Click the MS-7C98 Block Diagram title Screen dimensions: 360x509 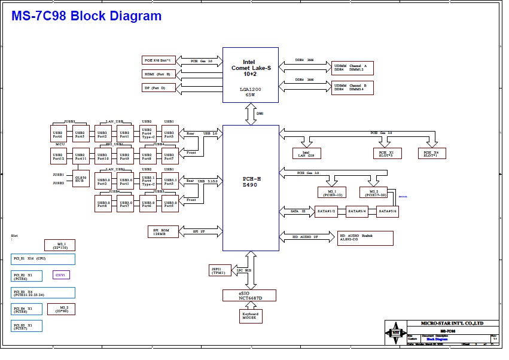(x=87, y=17)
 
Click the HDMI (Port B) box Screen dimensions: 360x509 (x=157, y=74)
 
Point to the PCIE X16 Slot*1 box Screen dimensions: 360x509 (x=157, y=60)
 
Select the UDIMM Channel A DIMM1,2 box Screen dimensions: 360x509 (x=352, y=68)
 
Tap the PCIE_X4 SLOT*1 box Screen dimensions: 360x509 (x=431, y=153)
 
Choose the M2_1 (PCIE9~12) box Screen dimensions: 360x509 (x=332, y=192)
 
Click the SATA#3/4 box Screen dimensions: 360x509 (x=357, y=212)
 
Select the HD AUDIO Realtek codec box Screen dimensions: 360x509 (x=365, y=238)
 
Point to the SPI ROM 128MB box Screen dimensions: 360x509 (x=163, y=231)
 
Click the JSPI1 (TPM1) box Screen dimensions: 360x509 (x=220, y=270)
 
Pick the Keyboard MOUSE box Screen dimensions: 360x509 (x=251, y=316)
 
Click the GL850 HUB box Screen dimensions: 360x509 (x=81, y=178)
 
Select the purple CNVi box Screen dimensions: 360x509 (x=61, y=275)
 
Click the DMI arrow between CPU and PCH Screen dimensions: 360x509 (x=251, y=114)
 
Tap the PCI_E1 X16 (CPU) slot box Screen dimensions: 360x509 (x=43, y=259)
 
